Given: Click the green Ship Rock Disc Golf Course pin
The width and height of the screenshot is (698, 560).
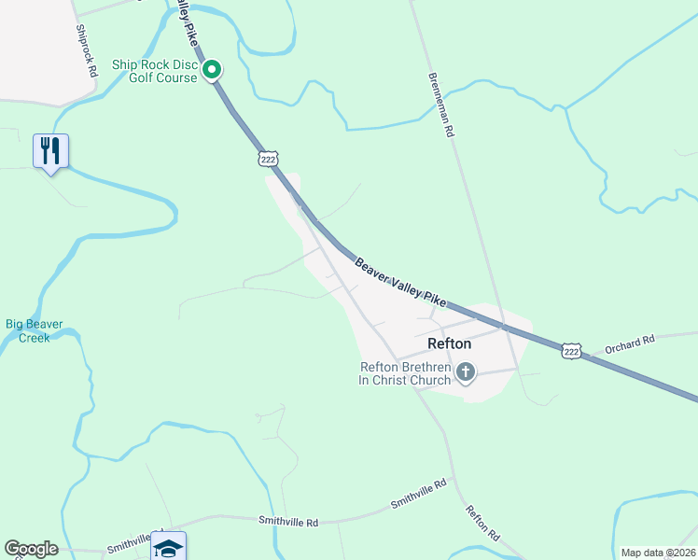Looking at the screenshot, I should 212,69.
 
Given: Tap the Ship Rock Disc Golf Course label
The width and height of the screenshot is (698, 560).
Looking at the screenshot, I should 155,71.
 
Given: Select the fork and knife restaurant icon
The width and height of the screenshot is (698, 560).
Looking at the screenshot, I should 50,150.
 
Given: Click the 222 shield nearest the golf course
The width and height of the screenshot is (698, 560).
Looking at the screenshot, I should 269,160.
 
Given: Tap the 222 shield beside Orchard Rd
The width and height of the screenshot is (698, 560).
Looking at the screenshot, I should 572,351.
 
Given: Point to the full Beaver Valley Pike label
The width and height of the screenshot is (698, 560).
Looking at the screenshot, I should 400,281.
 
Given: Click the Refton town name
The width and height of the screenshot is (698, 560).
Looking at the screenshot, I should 449,343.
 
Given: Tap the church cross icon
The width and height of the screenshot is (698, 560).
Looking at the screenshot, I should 466,374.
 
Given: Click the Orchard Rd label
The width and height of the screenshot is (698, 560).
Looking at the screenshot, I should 630,343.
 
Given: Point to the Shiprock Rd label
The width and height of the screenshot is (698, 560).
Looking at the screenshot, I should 86,50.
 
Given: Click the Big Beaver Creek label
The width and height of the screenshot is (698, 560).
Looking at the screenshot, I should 35,330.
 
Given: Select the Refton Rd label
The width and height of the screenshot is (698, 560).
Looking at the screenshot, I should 482,525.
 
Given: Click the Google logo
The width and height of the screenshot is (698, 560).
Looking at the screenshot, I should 31,549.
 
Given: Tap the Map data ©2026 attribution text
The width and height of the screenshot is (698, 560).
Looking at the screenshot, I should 658,553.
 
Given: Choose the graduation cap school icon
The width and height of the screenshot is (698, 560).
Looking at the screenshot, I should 168,547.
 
